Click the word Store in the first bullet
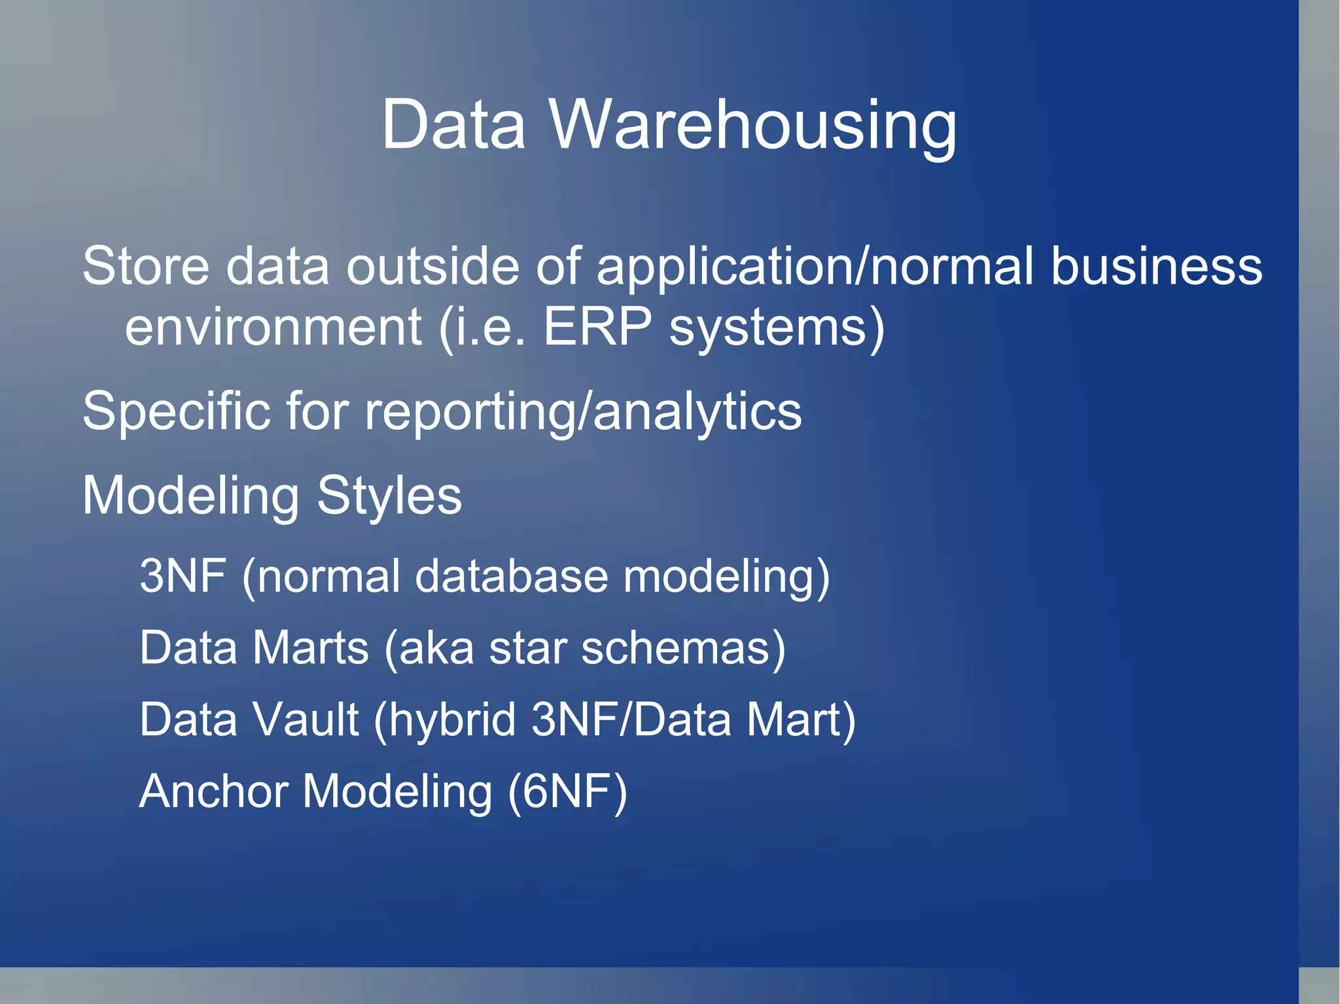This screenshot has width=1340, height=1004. pyautogui.click(x=145, y=266)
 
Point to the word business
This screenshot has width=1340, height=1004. pyautogui.click(x=1156, y=266)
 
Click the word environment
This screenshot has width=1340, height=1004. pyautogui.click(x=273, y=326)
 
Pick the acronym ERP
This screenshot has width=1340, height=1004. pyautogui.click(x=597, y=326)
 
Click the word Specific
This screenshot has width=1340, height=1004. pyautogui.click(x=176, y=411)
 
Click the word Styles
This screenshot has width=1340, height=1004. pyautogui.click(x=389, y=496)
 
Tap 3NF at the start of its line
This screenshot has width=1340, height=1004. pyautogui.click(x=183, y=576)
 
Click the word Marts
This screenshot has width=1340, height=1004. pyautogui.click(x=311, y=648)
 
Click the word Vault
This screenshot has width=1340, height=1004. pyautogui.click(x=305, y=719)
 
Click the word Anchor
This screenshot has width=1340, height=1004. pyautogui.click(x=213, y=791)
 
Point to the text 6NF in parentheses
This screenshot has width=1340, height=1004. pyautogui.click(x=567, y=791)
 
